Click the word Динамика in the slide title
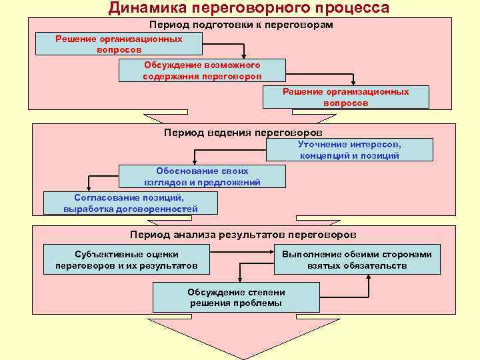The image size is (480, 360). coord(146,8)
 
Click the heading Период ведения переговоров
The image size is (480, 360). coord(243,133)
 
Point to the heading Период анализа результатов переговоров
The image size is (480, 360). coord(243,235)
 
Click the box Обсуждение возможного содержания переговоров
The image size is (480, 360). coord(202,71)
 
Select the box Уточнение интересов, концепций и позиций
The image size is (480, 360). coord(349,149)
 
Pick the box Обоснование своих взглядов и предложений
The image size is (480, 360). coord(202,176)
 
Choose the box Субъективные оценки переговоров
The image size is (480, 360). coord(126,260)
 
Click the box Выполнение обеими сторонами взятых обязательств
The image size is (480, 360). coord(357,260)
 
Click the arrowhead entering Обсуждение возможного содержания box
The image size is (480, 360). coord(245,56)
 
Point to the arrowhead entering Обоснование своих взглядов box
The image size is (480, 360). coord(193,162)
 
